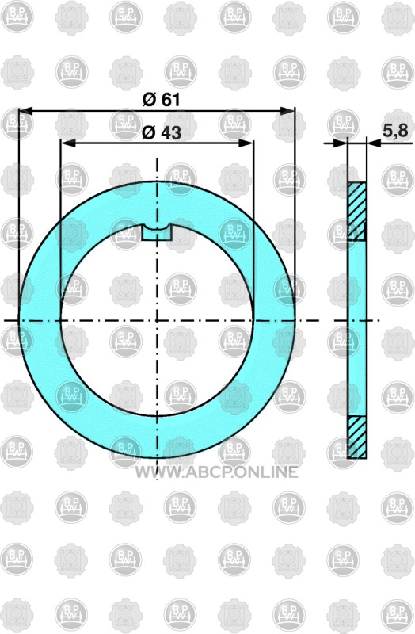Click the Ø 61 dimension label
(x=162, y=100)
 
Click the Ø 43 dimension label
(x=162, y=132)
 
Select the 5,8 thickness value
(x=396, y=130)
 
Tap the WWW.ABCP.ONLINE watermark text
(x=216, y=472)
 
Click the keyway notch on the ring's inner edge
(x=157, y=233)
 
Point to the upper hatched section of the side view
(x=357, y=212)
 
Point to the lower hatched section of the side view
(x=357, y=437)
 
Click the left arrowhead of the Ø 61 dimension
(x=25, y=110)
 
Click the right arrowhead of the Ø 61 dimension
(x=287, y=110)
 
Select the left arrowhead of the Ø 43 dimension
(x=67, y=143)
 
